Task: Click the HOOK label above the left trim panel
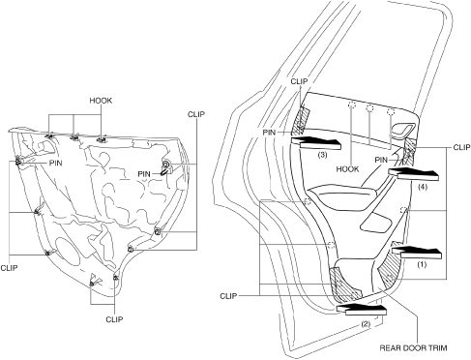click(101, 101)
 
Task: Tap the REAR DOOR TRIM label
click(413, 348)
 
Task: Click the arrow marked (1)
click(416, 250)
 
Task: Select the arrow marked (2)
click(361, 308)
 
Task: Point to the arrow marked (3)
click(315, 142)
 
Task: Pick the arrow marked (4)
click(414, 173)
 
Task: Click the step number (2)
click(366, 323)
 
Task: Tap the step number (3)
click(322, 155)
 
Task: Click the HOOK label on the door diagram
click(347, 169)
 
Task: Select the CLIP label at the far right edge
click(461, 147)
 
